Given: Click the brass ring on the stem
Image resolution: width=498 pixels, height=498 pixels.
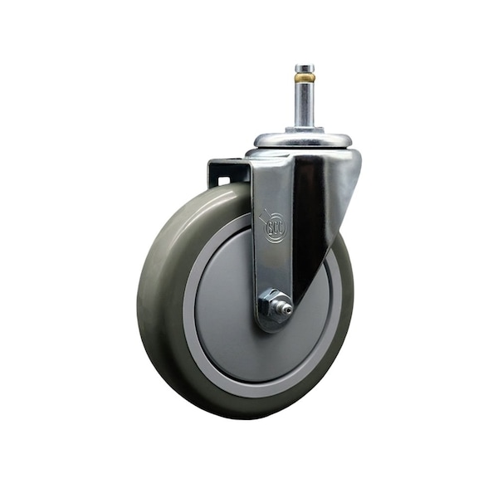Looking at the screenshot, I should click(305, 78).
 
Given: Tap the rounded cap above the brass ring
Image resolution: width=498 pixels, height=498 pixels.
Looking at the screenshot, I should click(305, 68).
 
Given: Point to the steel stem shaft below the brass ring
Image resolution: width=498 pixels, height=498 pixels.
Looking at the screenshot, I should click(305, 104).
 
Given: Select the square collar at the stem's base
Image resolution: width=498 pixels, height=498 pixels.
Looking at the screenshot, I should click(305, 129).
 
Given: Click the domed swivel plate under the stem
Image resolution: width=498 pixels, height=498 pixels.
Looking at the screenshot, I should click(303, 139).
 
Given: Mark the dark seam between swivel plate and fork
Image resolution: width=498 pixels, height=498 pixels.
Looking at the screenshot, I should click(303, 151).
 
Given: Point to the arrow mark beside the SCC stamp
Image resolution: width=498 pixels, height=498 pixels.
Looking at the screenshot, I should click(265, 217).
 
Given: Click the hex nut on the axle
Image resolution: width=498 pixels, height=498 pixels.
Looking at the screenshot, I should click(273, 305).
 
